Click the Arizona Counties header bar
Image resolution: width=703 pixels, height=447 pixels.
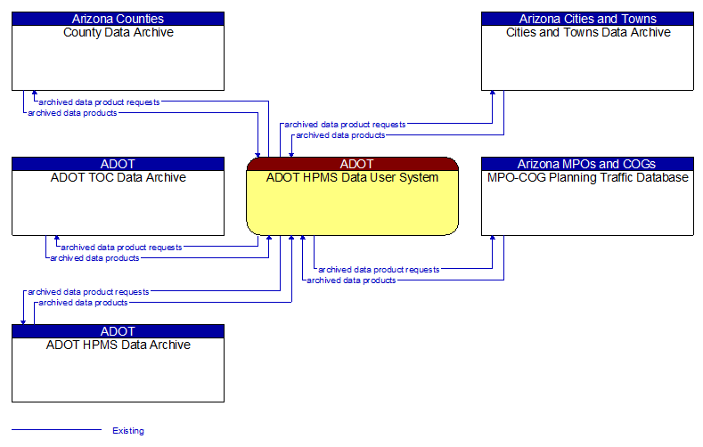(x=118, y=19)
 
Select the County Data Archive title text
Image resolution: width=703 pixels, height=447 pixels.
(x=118, y=33)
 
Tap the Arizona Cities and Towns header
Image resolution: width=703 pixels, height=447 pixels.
(x=587, y=19)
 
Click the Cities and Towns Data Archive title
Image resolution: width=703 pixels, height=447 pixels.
(x=587, y=33)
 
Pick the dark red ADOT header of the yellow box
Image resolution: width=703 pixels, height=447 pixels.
(x=352, y=164)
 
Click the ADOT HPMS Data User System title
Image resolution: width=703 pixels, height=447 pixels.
(x=352, y=178)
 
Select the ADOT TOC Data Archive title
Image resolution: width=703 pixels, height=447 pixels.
(x=118, y=178)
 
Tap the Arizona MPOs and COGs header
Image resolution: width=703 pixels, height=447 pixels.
(x=587, y=164)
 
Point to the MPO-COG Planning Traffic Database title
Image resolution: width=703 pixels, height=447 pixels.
(x=587, y=178)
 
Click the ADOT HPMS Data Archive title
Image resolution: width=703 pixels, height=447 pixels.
(x=118, y=345)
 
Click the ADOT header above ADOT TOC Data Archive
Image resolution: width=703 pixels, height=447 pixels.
(x=118, y=164)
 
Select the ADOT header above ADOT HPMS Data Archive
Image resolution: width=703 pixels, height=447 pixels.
(x=118, y=331)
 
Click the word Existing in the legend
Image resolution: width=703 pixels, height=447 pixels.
(x=128, y=431)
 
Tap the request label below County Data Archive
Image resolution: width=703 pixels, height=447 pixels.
(x=99, y=102)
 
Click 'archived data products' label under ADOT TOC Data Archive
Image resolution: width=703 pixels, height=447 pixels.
(x=94, y=258)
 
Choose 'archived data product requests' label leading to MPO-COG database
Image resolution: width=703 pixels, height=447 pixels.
(x=379, y=269)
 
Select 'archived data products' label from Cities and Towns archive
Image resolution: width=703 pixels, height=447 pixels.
(x=340, y=135)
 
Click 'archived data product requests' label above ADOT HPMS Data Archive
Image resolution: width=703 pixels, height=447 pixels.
(x=88, y=292)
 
